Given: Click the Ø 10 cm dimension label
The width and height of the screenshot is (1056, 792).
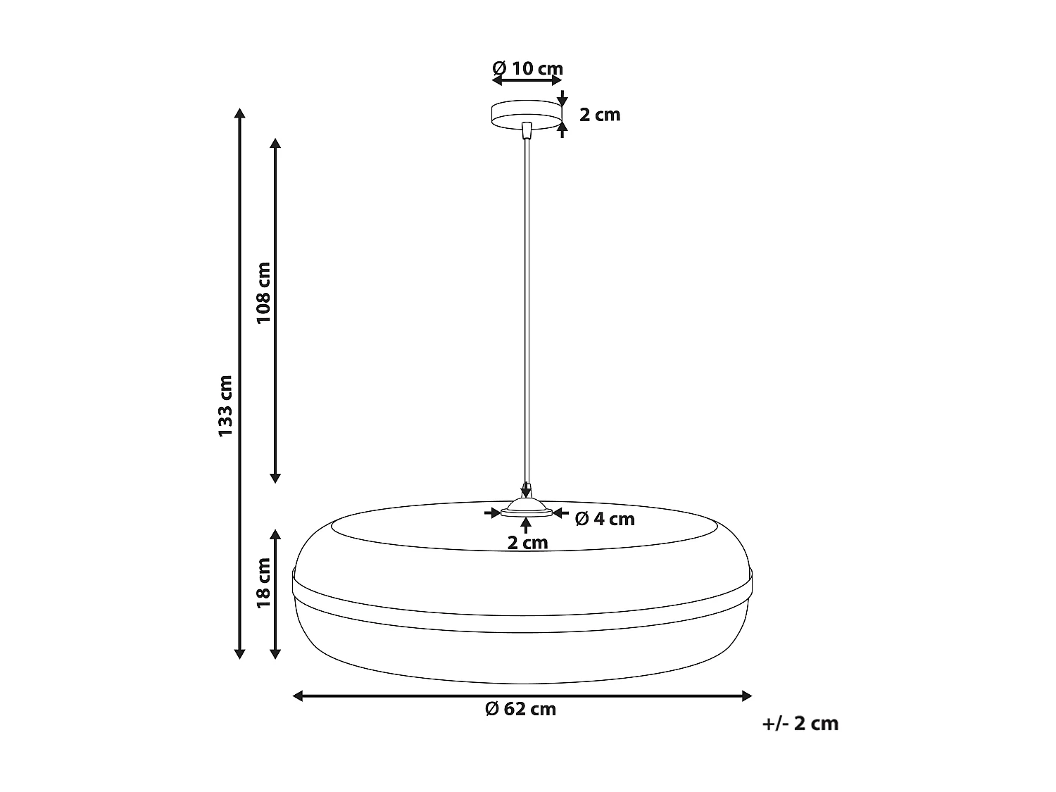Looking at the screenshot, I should coord(527,68).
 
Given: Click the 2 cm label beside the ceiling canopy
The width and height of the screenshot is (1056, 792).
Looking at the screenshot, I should coord(600,115).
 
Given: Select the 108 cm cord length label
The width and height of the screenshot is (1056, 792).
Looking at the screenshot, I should coord(263,292).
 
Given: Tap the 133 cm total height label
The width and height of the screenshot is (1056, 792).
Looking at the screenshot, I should coord(225,406).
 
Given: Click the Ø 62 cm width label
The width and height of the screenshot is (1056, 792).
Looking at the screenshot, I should coord(520,709).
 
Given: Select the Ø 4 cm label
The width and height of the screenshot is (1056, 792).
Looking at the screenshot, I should coord(605,520).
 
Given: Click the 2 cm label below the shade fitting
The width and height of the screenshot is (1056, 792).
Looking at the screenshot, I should coord(527,543).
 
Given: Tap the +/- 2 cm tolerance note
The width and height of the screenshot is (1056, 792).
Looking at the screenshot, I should coord(800,724).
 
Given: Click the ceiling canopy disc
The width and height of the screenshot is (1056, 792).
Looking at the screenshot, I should coord(527,114).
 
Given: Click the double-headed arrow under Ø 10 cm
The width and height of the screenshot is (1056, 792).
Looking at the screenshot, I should coord(527,82).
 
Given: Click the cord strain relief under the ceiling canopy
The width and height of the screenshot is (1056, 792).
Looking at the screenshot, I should coord(527,130).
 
